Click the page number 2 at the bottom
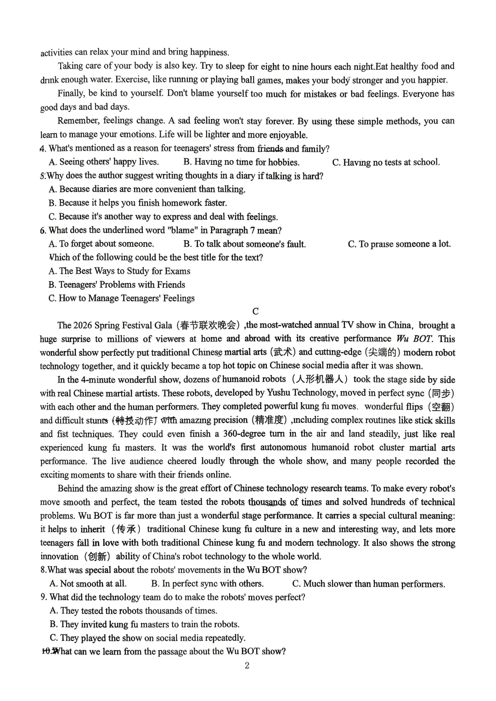tap(247, 666)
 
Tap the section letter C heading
tap(256, 311)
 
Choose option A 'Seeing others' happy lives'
tap(104, 162)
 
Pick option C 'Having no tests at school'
tap(386, 162)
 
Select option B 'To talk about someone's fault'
tap(244, 244)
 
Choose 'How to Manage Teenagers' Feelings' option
tap(122, 298)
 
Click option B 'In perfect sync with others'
tap(208, 584)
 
